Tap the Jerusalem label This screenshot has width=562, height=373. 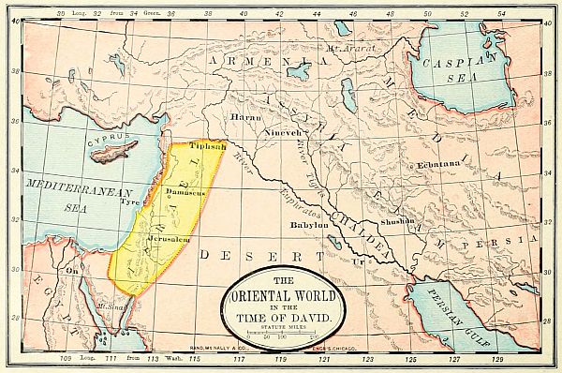click(x=142, y=240)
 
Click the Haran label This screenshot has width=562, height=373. click(x=244, y=118)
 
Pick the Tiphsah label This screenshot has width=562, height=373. click(x=207, y=147)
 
